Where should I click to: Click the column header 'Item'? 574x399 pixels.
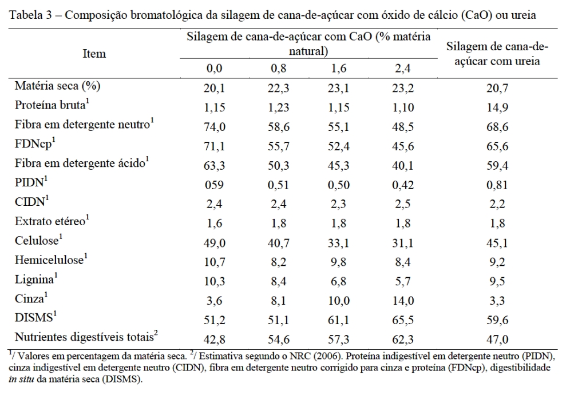point(94,54)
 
